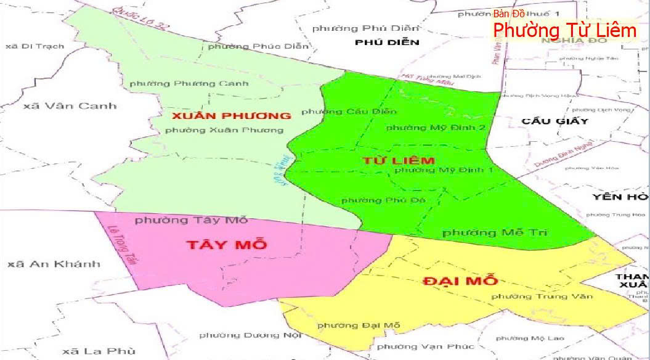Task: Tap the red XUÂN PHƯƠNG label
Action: [231, 115]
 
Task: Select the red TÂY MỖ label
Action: [226, 244]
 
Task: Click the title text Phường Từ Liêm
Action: [564, 29]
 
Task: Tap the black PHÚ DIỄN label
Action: [387, 42]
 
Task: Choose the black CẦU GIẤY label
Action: [555, 121]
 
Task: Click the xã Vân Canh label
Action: [70, 105]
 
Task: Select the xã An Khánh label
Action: [54, 264]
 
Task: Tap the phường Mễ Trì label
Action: [495, 232]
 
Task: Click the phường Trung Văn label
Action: [542, 297]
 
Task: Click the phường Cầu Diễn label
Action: [349, 112]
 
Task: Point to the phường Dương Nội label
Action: [250, 335]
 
